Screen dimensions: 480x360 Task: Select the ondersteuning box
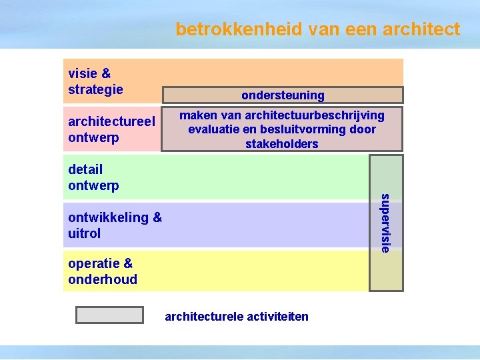(283, 95)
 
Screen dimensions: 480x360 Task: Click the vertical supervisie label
(385, 223)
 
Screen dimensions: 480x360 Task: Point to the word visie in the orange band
(83, 73)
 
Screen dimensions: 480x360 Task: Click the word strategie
(95, 89)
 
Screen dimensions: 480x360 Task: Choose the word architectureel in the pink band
(111, 121)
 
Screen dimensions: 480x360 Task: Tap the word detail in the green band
(85, 169)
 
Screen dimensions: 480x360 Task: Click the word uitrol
(84, 233)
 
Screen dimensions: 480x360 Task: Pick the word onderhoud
(102, 279)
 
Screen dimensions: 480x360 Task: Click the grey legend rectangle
(109, 315)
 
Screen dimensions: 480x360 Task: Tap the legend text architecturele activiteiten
(237, 316)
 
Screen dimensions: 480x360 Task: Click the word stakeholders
(282, 144)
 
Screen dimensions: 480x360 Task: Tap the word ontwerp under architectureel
(93, 137)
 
